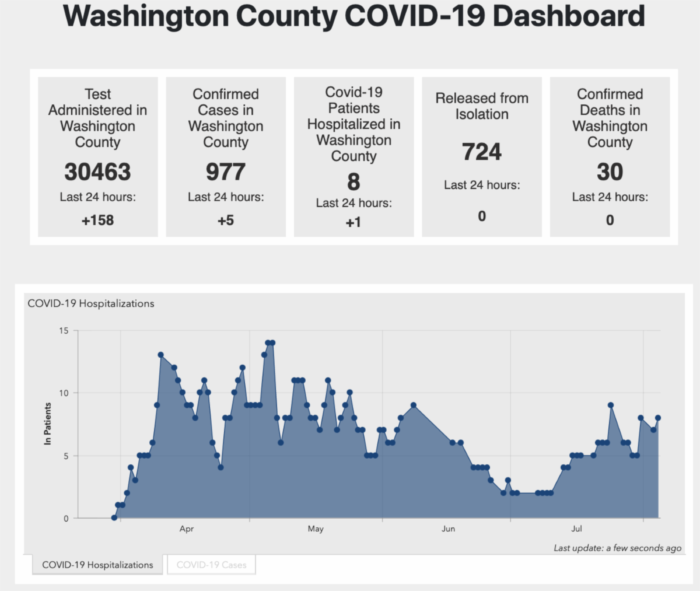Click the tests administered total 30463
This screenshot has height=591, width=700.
97,172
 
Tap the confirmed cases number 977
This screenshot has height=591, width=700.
226,172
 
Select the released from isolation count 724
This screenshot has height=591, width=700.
482,152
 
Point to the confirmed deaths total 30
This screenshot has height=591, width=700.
610,172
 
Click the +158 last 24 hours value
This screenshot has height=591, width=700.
97,221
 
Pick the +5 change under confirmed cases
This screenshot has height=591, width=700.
226,221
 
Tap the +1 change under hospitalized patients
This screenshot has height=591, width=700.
353,222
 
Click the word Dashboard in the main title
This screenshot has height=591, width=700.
569,16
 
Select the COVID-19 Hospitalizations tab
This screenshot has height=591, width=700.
97,565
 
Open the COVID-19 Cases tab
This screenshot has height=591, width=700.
211,565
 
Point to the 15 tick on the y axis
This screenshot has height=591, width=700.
63,331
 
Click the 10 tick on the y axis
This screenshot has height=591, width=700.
63,393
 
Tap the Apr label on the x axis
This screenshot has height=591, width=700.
187,529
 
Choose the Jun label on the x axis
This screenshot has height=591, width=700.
448,529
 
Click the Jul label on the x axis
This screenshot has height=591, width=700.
576,529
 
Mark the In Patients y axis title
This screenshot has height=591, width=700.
48,424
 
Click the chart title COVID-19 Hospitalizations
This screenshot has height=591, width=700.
91,303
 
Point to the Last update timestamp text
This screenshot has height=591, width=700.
617,548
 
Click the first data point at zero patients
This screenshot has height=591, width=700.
114,517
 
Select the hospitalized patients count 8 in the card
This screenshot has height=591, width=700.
353,182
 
